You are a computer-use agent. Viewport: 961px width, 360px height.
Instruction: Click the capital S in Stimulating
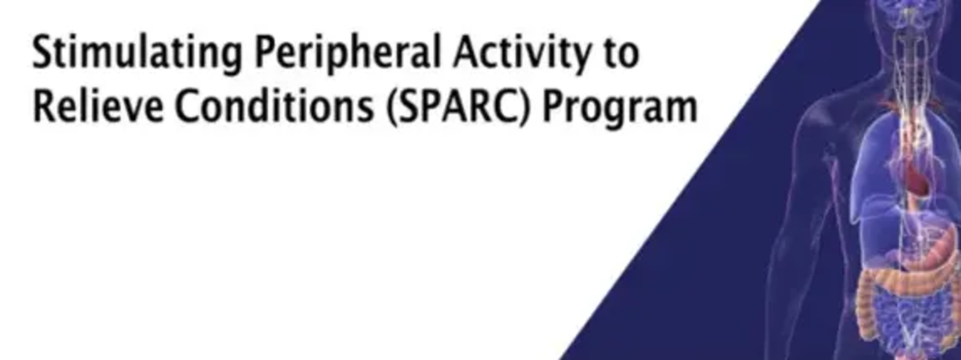point(44,52)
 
